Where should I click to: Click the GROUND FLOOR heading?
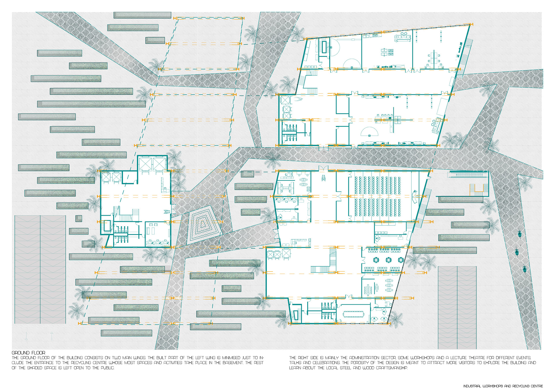(28, 353)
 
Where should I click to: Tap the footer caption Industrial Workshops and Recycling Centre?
(503, 386)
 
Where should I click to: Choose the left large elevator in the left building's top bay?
(145, 164)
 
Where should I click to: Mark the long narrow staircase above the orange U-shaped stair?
(467, 174)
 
